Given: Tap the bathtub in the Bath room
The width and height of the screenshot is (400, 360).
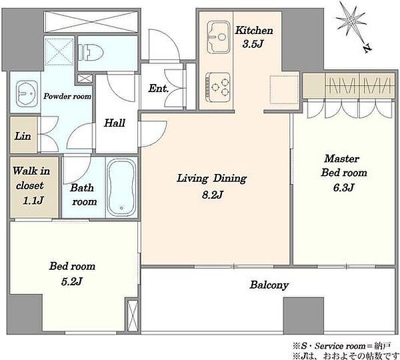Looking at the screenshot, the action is pyautogui.click(x=121, y=188).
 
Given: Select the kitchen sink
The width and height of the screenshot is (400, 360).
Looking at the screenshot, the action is pyautogui.click(x=219, y=37).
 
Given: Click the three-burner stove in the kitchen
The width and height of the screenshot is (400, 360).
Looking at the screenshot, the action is pyautogui.click(x=218, y=87).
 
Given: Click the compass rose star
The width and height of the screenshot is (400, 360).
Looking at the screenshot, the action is pyautogui.click(x=351, y=21).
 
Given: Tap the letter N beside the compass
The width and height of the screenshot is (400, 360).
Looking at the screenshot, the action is pyautogui.click(x=367, y=48).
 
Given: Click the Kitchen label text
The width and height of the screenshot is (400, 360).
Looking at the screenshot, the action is pyautogui.click(x=254, y=31).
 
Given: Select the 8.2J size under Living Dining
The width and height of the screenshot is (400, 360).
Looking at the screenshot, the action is pyautogui.click(x=213, y=195).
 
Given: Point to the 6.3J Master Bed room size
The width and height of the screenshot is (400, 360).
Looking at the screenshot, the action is pyautogui.click(x=343, y=187).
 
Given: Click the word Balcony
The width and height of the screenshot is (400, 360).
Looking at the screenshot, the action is pyautogui.click(x=269, y=285).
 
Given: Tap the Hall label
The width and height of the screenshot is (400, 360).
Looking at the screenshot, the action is pyautogui.click(x=115, y=123).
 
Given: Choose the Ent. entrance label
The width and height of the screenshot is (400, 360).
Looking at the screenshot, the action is pyautogui.click(x=159, y=89).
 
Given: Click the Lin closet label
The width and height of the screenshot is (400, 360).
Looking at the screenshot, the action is pyautogui.click(x=23, y=136).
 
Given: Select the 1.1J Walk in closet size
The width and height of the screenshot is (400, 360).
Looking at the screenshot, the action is pyautogui.click(x=33, y=200).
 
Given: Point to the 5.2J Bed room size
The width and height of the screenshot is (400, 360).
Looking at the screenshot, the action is pyautogui.click(x=72, y=281).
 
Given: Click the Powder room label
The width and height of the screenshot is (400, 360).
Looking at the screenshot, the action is pyautogui.click(x=67, y=96).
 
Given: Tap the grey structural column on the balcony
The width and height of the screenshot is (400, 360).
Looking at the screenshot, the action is pyautogui.click(x=303, y=315).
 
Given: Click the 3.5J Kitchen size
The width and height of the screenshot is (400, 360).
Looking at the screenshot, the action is pyautogui.click(x=253, y=44).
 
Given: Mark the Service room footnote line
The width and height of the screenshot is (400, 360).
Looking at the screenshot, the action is pyautogui.click(x=342, y=346).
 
